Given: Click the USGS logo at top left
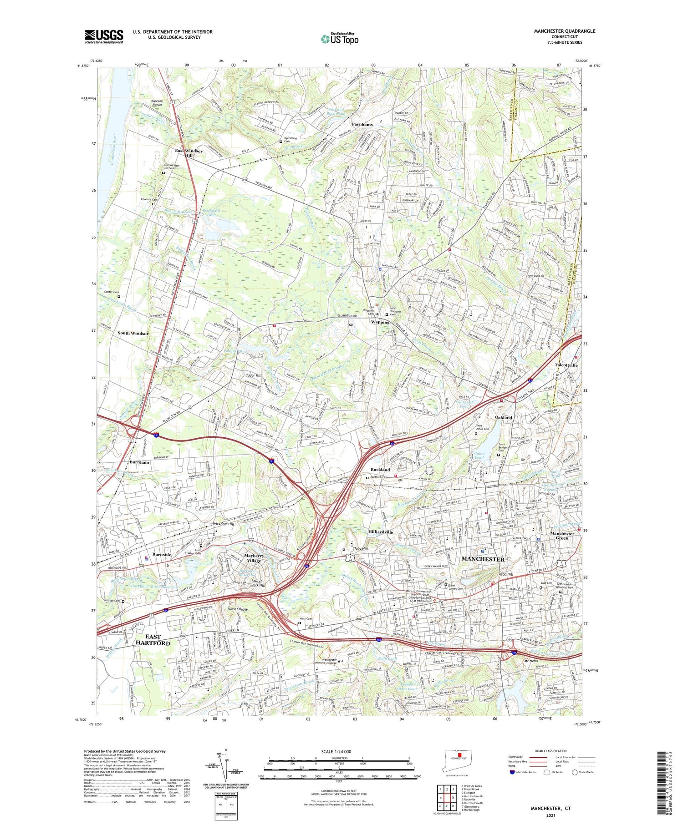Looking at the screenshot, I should tap(104, 36).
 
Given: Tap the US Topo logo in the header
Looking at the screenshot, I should tap(339, 39).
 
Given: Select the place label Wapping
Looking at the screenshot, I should tap(380, 322).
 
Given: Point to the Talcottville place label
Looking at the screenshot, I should tap(566, 365).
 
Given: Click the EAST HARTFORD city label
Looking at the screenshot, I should tap(153, 640).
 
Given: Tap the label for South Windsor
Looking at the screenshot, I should tap(133, 333).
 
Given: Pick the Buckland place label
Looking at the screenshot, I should tap(380, 469).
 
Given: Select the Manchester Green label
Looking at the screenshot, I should tap(562, 536).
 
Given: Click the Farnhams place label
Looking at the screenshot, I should tap(362, 124).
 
